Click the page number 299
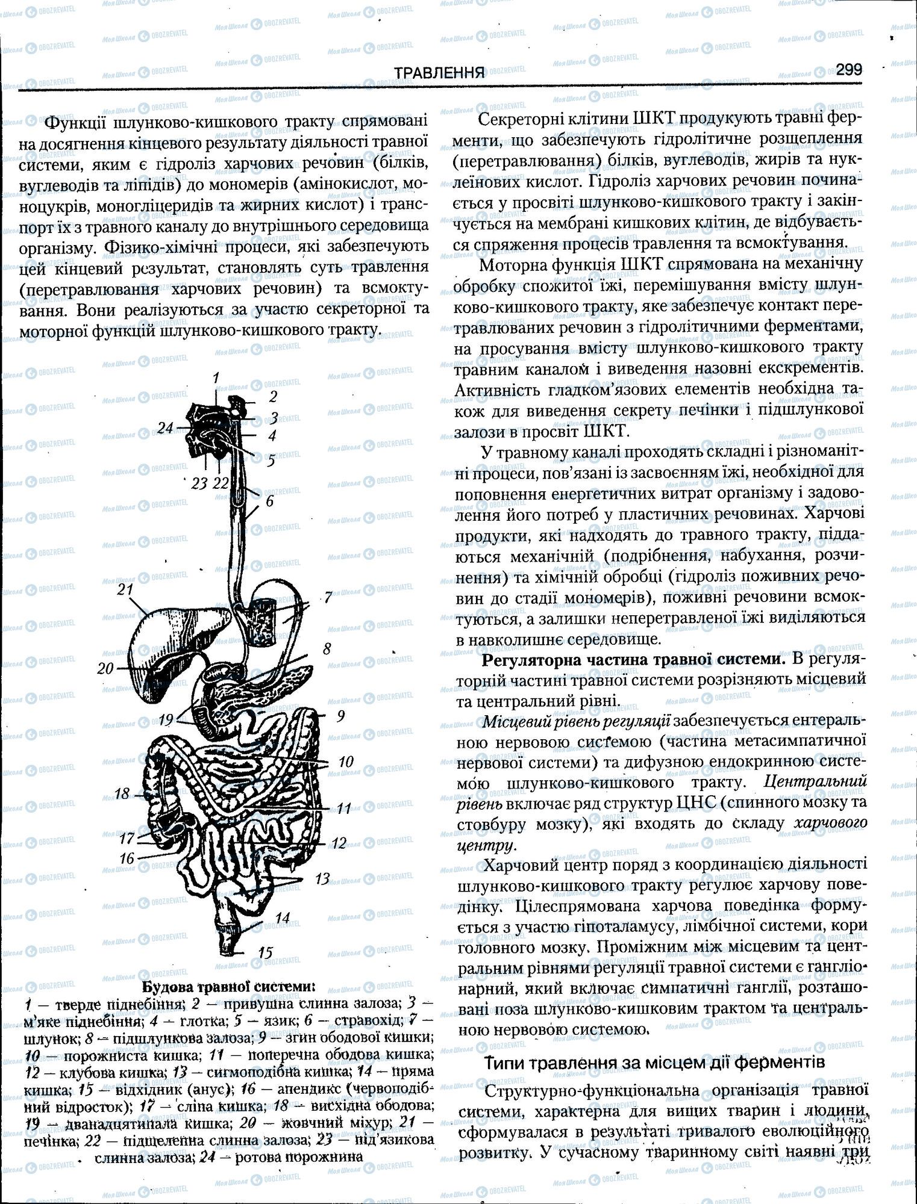pyautogui.click(x=848, y=69)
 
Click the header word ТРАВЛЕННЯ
pyautogui.click(x=439, y=73)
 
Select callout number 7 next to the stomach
pyautogui.click(x=328, y=597)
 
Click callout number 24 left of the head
pyautogui.click(x=165, y=428)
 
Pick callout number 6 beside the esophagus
pyautogui.click(x=269, y=500)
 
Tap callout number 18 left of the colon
pyautogui.click(x=122, y=793)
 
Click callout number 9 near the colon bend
pyautogui.click(x=341, y=716)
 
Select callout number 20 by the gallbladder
pyautogui.click(x=105, y=668)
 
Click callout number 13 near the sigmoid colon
pyautogui.click(x=322, y=879)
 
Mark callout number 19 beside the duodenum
pyautogui.click(x=166, y=719)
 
